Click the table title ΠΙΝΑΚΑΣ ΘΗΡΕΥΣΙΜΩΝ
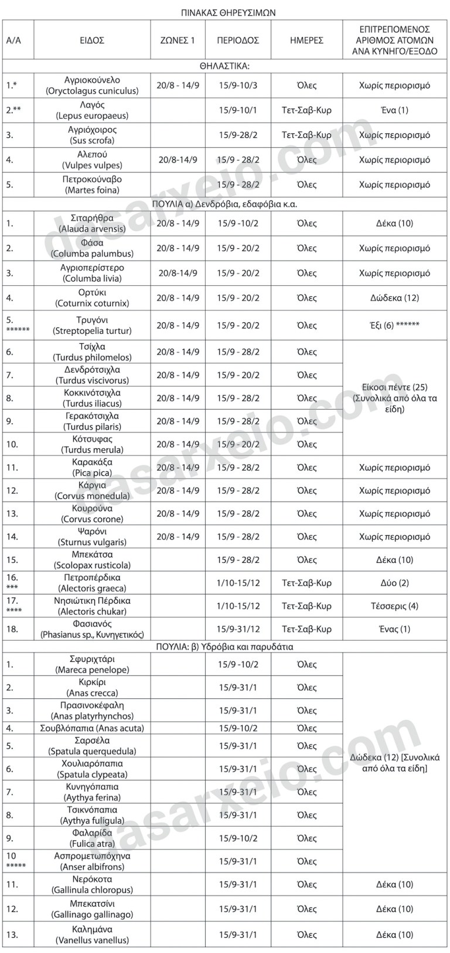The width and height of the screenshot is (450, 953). [225, 12]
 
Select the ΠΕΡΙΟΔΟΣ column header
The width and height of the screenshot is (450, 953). [238, 40]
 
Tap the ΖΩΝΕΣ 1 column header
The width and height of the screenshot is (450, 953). [178, 40]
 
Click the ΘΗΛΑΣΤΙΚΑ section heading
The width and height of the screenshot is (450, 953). [225, 66]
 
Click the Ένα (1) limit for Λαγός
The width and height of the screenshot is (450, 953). [394, 110]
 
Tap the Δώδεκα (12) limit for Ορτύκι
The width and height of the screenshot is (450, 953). [394, 298]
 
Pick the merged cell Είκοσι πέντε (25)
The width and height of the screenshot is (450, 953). [394, 398]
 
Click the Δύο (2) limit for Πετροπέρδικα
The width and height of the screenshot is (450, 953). [394, 583]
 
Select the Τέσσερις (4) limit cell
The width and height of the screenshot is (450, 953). [394, 606]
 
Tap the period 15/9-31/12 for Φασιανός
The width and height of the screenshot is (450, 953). [238, 629]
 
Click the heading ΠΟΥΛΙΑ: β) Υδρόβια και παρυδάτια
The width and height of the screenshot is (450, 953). [225, 647]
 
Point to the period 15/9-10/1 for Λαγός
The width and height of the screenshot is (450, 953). [238, 110]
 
